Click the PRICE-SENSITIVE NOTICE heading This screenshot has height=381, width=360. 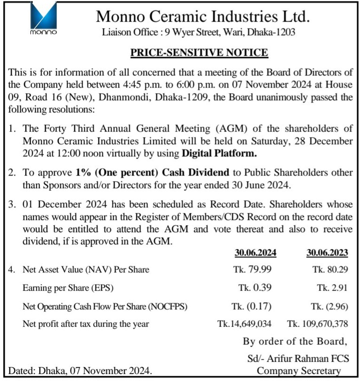point(199,52)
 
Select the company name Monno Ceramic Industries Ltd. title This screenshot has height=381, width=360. point(203,17)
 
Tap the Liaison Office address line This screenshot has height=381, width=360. point(199,32)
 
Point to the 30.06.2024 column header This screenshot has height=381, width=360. point(255,253)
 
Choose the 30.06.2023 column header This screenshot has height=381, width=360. point(327,253)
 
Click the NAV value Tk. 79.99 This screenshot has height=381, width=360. point(252,270)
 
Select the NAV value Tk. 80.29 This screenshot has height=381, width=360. point(330,270)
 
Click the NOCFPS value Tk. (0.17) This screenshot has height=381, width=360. point(252,307)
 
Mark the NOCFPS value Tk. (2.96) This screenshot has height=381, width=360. point(329,307)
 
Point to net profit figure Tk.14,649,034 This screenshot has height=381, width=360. point(245,323)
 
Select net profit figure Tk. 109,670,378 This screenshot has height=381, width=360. point(317,323)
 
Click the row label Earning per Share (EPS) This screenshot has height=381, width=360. point(68,288)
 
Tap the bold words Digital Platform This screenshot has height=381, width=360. point(219,153)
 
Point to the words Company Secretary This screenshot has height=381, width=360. point(299,371)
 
